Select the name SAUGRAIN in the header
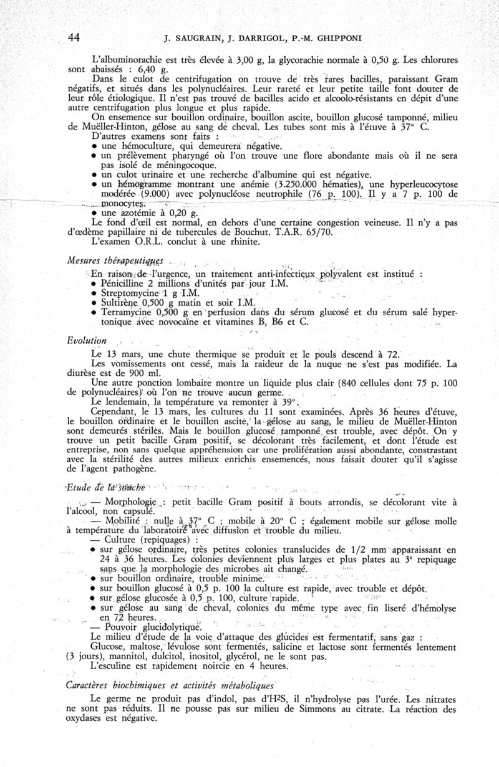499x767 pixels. click(200, 39)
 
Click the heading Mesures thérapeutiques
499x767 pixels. click(110, 260)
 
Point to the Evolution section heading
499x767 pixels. click(87, 340)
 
